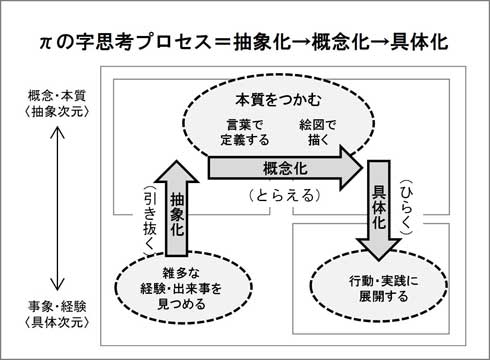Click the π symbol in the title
pyautogui.click(x=45, y=43)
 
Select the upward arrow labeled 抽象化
pyautogui.click(x=177, y=208)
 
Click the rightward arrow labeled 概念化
pyautogui.click(x=286, y=168)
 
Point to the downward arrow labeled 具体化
pyautogui.click(x=379, y=210)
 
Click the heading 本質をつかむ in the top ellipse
pyautogui.click(x=279, y=100)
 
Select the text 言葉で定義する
pyautogui.click(x=245, y=132)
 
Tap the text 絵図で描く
pyautogui.click(x=318, y=132)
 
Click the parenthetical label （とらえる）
pyautogui.click(x=285, y=196)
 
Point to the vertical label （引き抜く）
pyautogui.click(x=149, y=220)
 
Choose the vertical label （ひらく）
pyautogui.click(x=407, y=207)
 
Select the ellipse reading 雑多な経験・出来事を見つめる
pyautogui.click(x=183, y=287)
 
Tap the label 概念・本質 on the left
pyautogui.click(x=57, y=96)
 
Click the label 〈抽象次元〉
pyautogui.click(x=57, y=112)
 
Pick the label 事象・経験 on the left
pyautogui.click(x=57, y=307)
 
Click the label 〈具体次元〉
pyautogui.click(x=57, y=322)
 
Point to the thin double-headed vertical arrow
pyautogui.click(x=57, y=209)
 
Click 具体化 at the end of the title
pyautogui.click(x=419, y=42)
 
